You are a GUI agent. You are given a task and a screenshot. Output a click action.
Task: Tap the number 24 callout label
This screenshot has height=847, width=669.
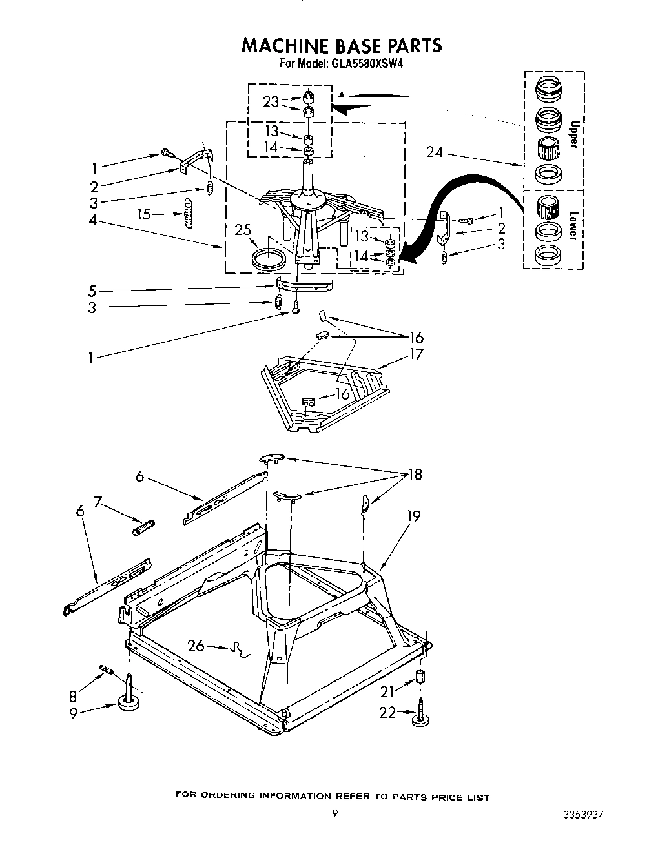pyautogui.click(x=435, y=152)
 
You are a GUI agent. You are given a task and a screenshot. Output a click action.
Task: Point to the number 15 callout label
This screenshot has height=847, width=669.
pyautogui.click(x=143, y=214)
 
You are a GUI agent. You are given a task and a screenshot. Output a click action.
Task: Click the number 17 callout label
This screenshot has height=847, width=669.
pyautogui.click(x=416, y=354)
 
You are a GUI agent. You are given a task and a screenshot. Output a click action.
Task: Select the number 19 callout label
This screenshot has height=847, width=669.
pyautogui.click(x=413, y=516)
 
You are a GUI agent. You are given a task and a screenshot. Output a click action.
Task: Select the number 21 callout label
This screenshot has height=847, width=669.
pyautogui.click(x=387, y=691)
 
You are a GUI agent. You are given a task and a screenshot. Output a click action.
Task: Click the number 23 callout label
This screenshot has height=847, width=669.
pyautogui.click(x=271, y=101)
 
